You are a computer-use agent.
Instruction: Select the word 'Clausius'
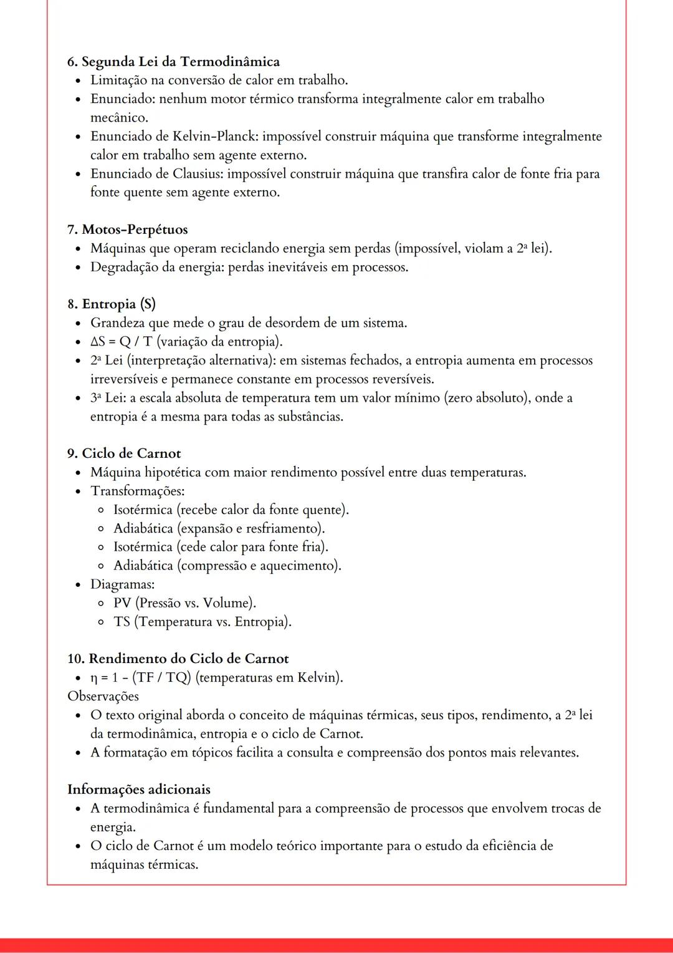click(198, 174)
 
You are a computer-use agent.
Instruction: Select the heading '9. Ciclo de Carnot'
click(124, 453)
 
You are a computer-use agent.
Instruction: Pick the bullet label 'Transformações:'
click(137, 491)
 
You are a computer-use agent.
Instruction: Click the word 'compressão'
click(214, 566)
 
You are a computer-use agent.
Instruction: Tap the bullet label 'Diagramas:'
click(122, 584)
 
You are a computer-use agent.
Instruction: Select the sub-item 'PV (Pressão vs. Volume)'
click(184, 603)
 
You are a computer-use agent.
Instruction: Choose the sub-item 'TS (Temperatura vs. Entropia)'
click(202, 622)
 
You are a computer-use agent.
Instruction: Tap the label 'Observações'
click(103, 696)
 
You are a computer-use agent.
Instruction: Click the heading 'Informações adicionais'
click(138, 790)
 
